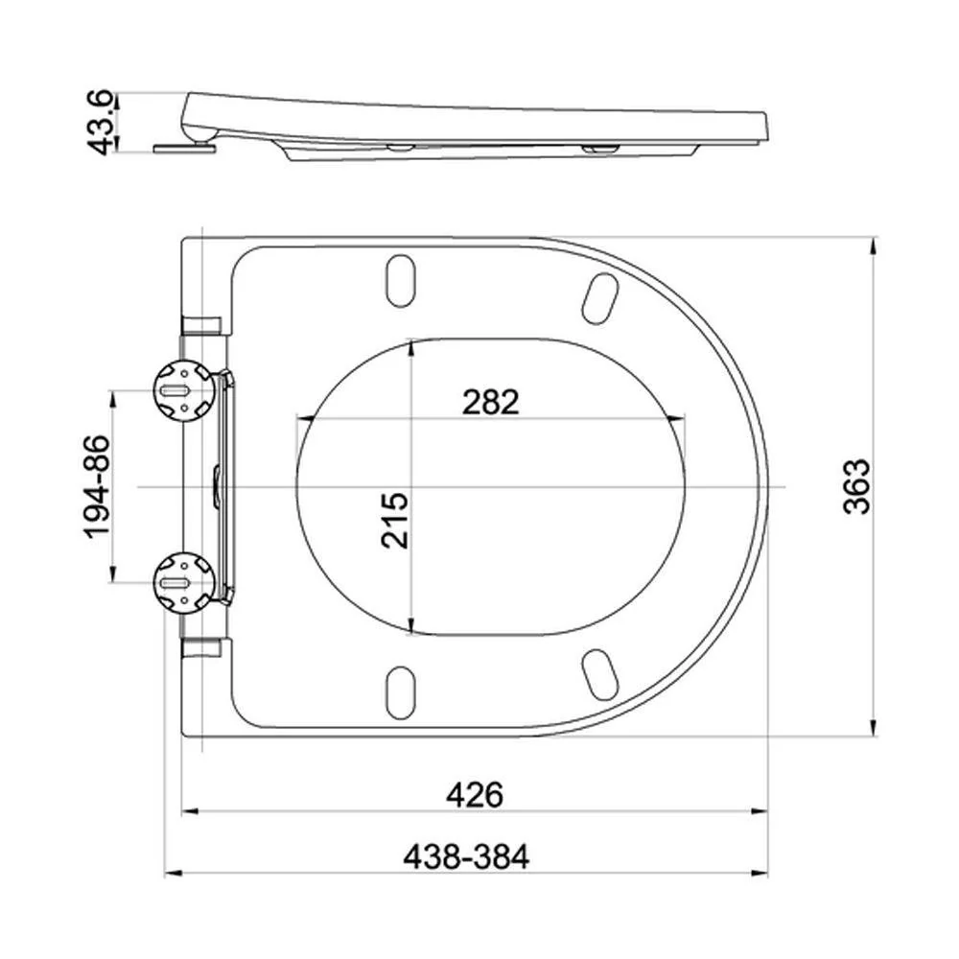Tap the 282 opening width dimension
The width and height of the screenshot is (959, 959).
[x=490, y=402]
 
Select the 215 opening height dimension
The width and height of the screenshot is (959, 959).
[x=394, y=519]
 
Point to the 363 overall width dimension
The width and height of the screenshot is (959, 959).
[x=856, y=486]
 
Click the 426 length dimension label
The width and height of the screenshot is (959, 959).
[x=475, y=795]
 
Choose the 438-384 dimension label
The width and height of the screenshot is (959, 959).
[x=466, y=856]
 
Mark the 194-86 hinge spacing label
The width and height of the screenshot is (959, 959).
[x=97, y=487]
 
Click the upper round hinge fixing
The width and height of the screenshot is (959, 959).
[x=184, y=390]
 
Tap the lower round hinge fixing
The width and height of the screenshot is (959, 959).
[x=184, y=583]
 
